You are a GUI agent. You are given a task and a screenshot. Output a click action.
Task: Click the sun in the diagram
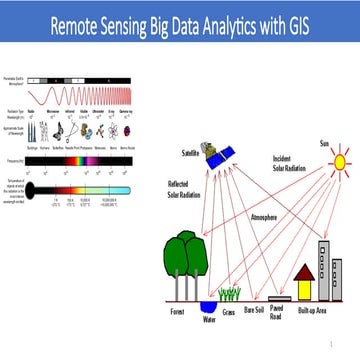click(336, 160)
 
